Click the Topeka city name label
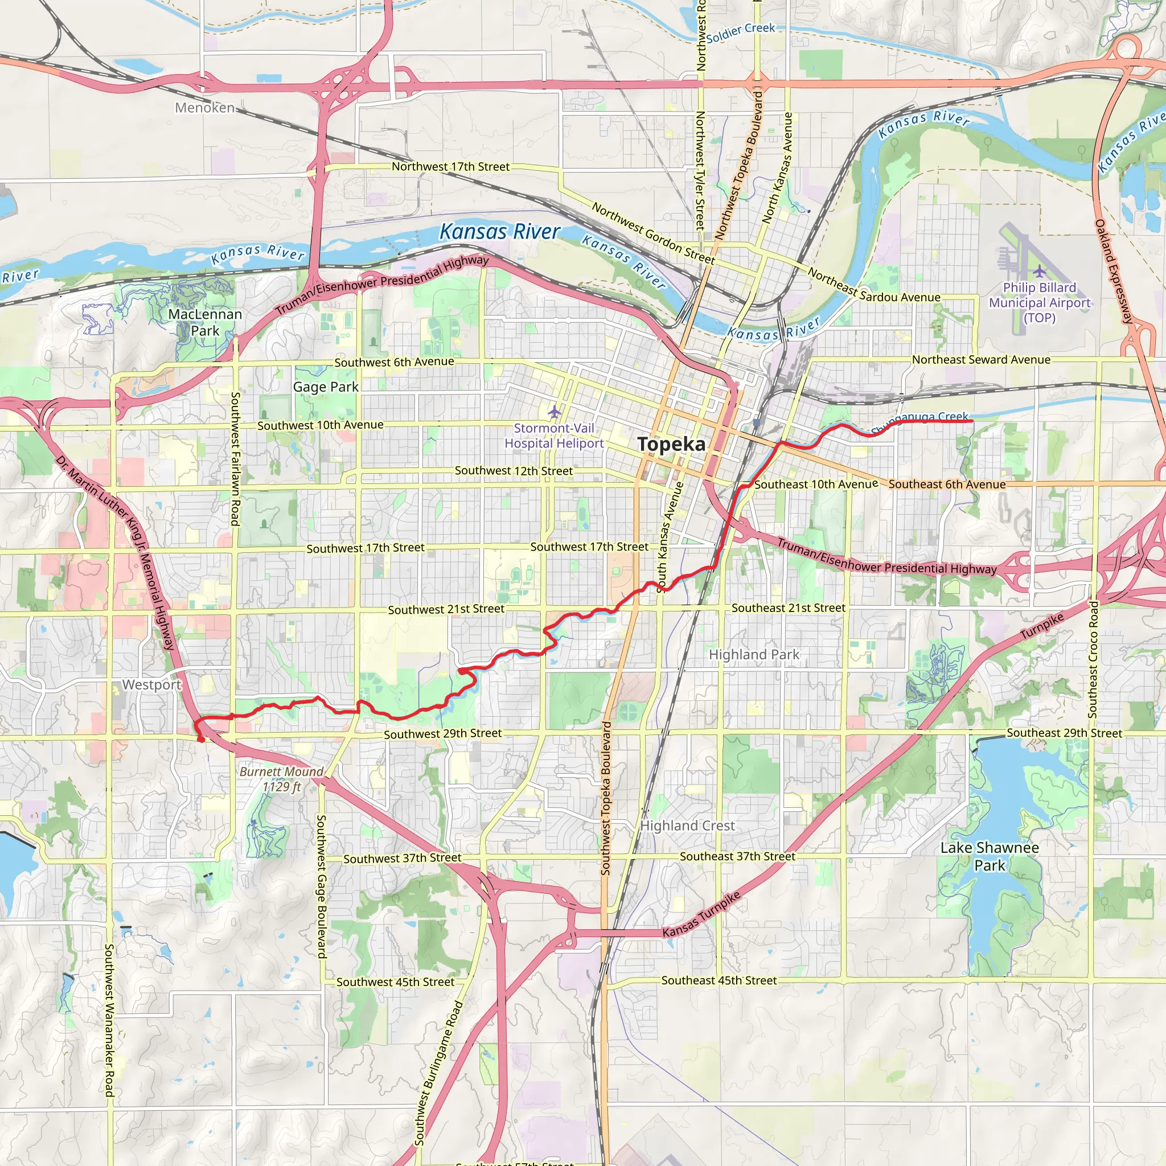click(671, 444)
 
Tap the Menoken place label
click(204, 108)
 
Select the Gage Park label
click(325, 387)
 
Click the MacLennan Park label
click(205, 322)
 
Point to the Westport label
click(151, 684)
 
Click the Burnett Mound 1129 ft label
click(281, 778)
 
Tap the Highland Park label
click(754, 654)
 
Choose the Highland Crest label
click(687, 825)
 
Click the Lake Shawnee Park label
click(990, 856)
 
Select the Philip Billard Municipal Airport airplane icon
click(1038, 271)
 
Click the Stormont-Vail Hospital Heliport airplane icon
click(554, 412)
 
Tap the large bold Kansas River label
click(500, 232)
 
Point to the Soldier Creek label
click(741, 32)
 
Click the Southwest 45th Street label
click(395, 982)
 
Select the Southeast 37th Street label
click(737, 856)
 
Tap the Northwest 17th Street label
click(450, 167)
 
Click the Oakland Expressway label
click(1114, 271)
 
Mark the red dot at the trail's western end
click(201, 738)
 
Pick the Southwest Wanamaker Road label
click(109, 1020)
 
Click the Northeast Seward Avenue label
click(981, 360)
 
